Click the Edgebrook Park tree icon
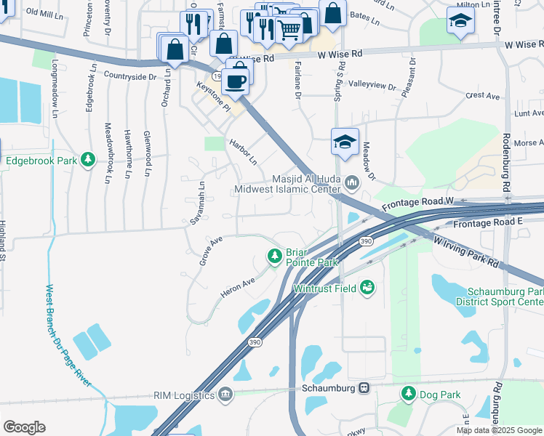(88, 159)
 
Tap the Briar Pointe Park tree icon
(275, 256)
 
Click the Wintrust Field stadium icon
(368, 288)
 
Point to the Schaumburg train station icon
(365, 388)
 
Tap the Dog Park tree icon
(408, 394)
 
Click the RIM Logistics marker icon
(225, 395)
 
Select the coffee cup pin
(235, 81)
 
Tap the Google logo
(24, 427)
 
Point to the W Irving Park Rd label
(465, 250)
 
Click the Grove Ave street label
(210, 250)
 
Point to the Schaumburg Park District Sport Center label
(499, 295)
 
